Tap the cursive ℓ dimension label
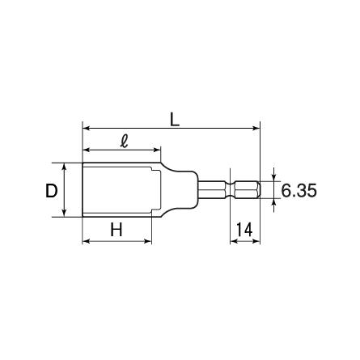tap(125, 141)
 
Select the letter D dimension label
tap(51, 191)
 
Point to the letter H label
tap(116, 230)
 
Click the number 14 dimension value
tap(244, 230)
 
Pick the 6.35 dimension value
tap(299, 190)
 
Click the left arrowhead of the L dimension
tap(86, 128)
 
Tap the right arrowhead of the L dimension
tap(256, 128)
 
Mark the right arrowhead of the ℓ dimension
tap(157, 150)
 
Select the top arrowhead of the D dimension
tap(64, 167)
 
